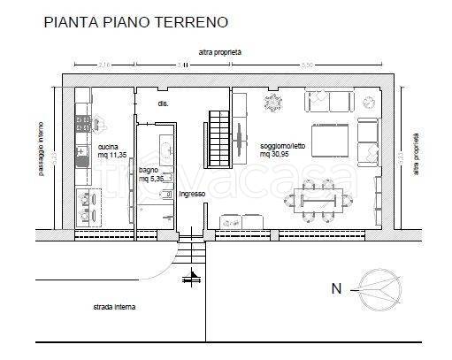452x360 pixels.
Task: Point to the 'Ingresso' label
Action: coord(192,194)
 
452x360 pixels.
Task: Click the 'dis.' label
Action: coord(163,103)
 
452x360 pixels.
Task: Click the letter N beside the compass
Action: coord(336,288)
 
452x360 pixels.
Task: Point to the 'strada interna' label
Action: coord(115,308)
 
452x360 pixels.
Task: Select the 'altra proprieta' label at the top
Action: coord(220,52)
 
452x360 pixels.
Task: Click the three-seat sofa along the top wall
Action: coord(329,102)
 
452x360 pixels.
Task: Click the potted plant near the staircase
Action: coord(270,103)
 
